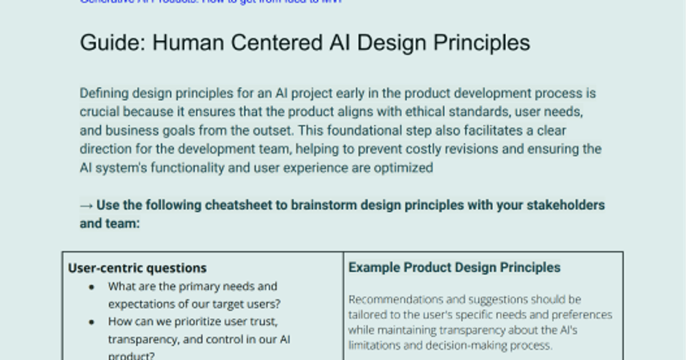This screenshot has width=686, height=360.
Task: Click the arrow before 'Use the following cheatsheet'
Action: pyautogui.click(x=86, y=205)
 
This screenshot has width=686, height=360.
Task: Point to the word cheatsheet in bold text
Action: pyautogui.click(x=240, y=205)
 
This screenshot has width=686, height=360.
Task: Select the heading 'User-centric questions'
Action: pyautogui.click(x=137, y=267)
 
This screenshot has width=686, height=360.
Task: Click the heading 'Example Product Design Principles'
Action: pyautogui.click(x=454, y=267)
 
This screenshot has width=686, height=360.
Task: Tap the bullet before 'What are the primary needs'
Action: pyautogui.click(x=91, y=287)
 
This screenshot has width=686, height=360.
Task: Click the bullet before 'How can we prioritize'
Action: pyautogui.click(x=91, y=322)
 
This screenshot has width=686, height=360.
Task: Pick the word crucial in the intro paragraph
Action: pyautogui.click(x=98, y=111)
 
